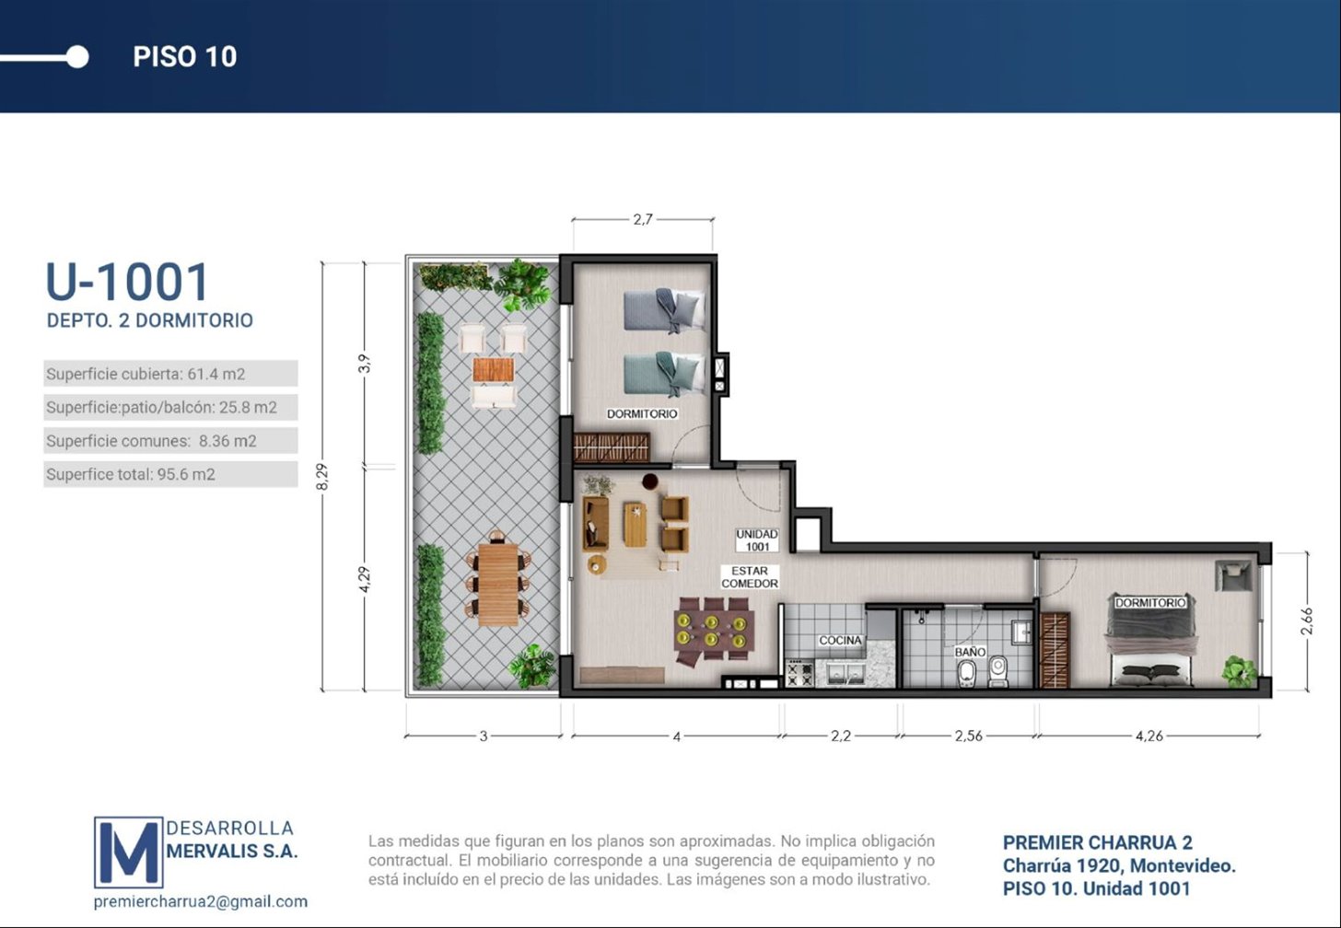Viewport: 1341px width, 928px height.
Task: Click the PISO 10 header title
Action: (184, 57)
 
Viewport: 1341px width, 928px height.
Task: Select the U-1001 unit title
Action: (127, 282)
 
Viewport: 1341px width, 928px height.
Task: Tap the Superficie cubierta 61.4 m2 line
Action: (146, 374)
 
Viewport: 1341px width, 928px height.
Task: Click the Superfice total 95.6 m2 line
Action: (131, 474)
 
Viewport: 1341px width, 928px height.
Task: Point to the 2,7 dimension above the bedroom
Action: (642, 220)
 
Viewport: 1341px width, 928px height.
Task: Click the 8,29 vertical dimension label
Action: (322, 476)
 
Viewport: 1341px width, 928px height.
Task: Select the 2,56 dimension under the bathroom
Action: (969, 736)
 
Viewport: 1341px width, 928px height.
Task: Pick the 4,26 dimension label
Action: (1149, 736)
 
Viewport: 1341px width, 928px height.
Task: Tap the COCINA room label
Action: (841, 640)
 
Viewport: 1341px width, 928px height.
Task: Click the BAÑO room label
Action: (970, 652)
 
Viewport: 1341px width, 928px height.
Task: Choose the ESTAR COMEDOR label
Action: (750, 577)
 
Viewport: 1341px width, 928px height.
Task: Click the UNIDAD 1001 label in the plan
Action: (757, 540)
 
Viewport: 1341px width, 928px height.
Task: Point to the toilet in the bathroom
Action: (966, 674)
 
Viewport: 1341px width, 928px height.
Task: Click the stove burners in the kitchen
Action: (799, 673)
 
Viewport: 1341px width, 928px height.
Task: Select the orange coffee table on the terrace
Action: (494, 370)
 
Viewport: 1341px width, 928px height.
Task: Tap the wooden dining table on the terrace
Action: (498, 584)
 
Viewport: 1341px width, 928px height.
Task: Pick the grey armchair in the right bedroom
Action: (1233, 575)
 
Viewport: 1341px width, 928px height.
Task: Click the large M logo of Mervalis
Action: (129, 853)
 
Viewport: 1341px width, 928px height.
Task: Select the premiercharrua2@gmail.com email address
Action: (201, 901)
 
